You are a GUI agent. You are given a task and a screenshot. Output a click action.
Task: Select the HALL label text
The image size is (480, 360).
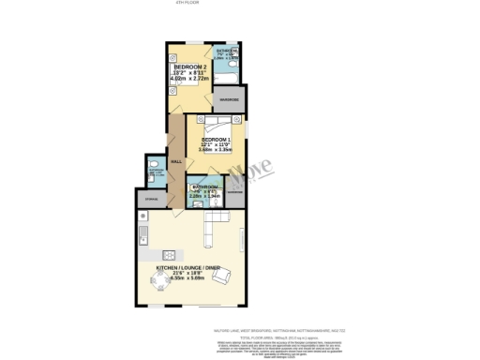point(176,161)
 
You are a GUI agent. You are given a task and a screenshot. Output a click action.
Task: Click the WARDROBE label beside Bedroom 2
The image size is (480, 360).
point(229,98)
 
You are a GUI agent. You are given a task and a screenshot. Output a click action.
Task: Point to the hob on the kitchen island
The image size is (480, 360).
point(170,254)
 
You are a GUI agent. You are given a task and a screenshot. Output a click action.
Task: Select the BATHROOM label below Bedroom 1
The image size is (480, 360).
point(204,187)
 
